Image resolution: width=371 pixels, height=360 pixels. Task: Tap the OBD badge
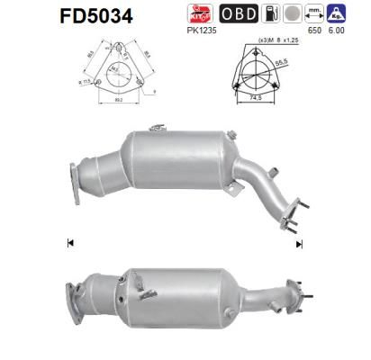point(240,13)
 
